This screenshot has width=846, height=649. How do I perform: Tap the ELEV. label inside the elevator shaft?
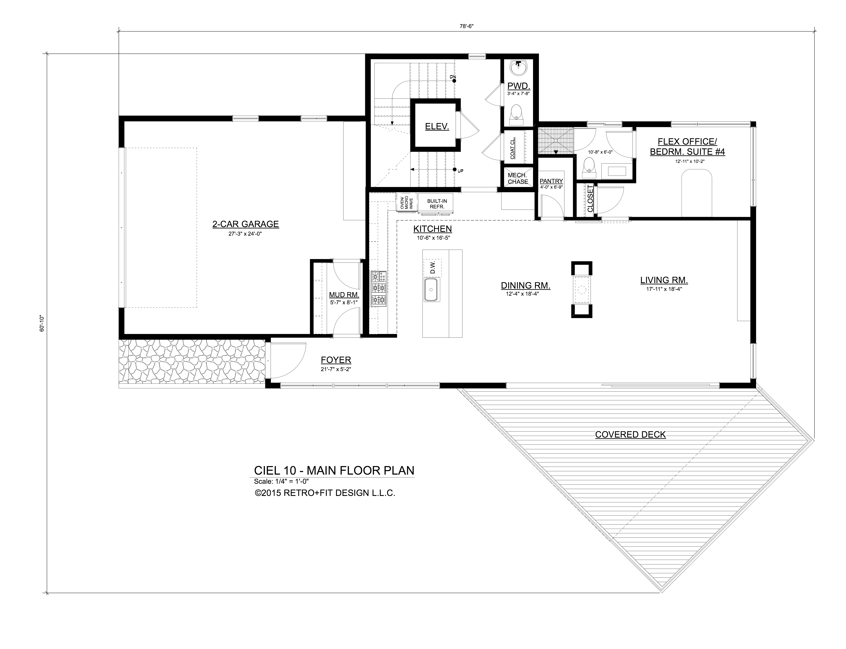tap(437, 126)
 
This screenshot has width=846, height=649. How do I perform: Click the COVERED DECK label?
tap(630, 435)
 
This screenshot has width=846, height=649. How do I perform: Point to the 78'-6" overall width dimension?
tap(466, 26)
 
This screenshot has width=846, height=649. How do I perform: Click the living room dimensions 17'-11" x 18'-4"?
tap(664, 289)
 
